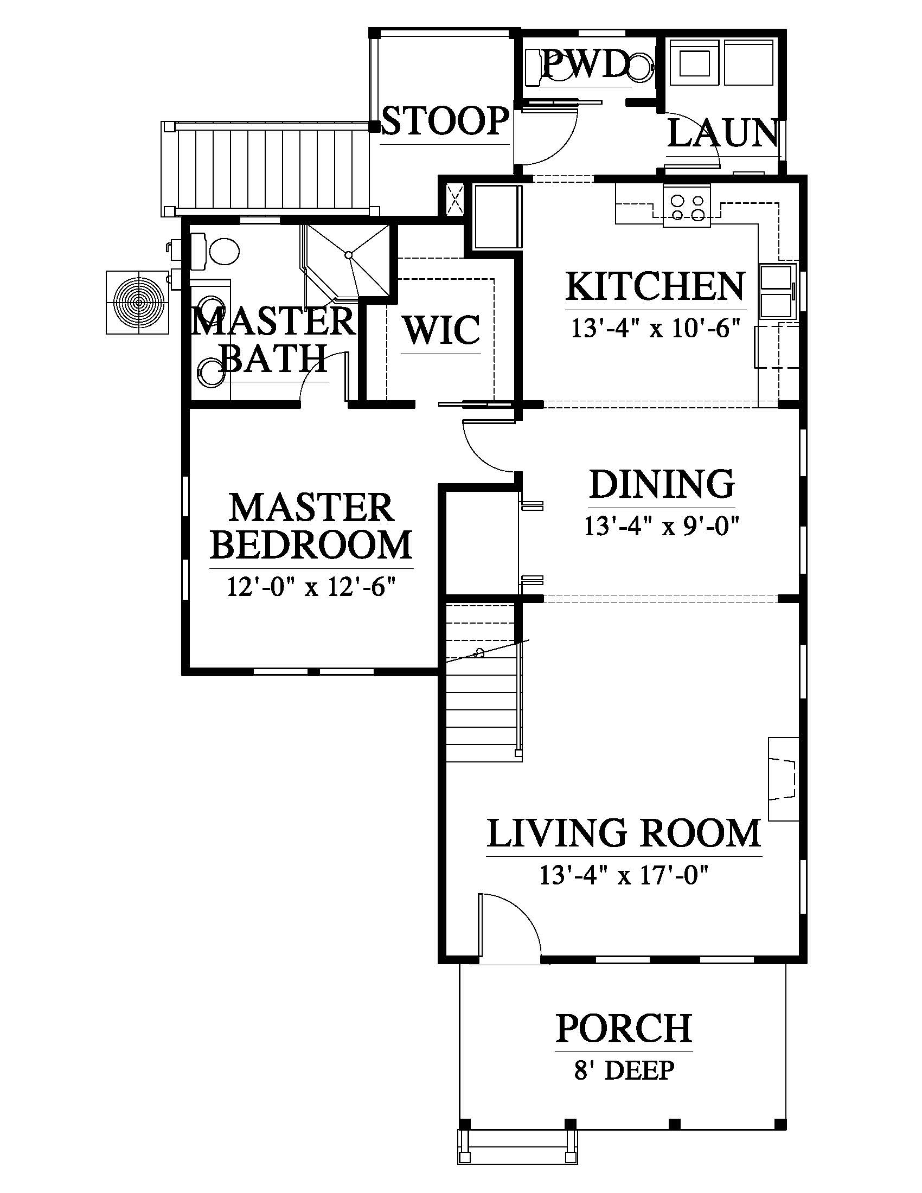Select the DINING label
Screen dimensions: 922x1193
point(662,483)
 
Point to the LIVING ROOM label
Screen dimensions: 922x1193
point(624,832)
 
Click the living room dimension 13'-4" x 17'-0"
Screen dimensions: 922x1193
point(624,876)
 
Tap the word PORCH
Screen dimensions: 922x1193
point(624,1028)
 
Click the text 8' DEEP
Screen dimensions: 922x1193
point(624,1069)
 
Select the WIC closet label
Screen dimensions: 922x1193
point(442,329)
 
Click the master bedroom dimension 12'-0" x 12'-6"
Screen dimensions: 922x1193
point(311,588)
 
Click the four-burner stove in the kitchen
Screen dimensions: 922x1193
point(687,206)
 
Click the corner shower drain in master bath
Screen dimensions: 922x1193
point(348,254)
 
